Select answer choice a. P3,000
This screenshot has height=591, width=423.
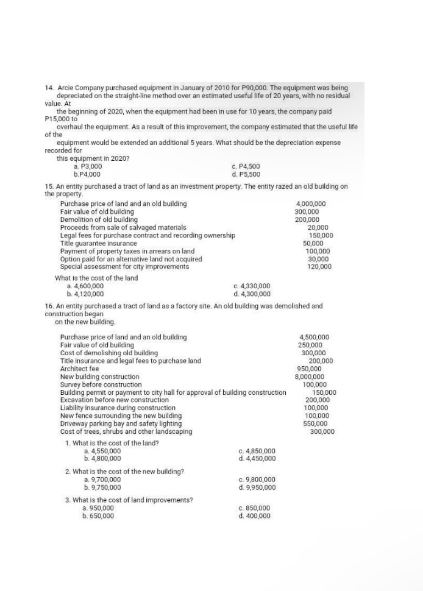click(x=87, y=166)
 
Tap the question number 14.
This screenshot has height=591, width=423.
click(x=49, y=88)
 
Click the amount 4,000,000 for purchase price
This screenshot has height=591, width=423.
click(x=310, y=203)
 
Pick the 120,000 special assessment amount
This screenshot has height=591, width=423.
click(x=319, y=266)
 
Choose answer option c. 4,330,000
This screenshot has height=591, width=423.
click(x=251, y=286)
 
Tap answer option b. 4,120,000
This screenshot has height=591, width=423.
click(x=88, y=294)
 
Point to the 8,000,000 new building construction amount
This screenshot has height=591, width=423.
click(x=309, y=377)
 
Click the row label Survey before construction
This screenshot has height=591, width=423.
click(x=101, y=384)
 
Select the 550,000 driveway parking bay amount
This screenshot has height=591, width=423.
click(x=315, y=423)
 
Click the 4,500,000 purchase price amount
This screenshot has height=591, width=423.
click(x=315, y=337)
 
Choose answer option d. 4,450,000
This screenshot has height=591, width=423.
click(x=257, y=459)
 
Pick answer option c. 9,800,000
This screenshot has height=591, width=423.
click(x=257, y=480)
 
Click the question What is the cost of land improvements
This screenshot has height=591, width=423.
click(x=129, y=500)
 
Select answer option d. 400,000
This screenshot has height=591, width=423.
click(x=254, y=515)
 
